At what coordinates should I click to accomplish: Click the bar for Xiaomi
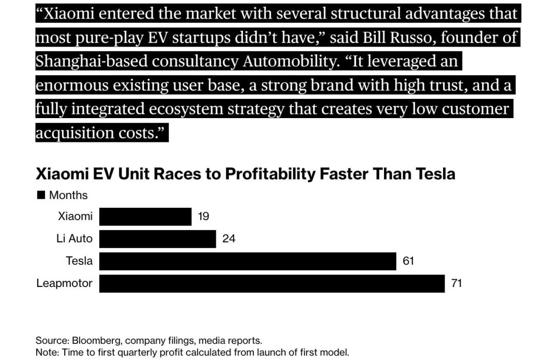[145, 217]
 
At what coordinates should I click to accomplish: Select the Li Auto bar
[157, 239]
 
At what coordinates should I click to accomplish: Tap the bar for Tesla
[247, 261]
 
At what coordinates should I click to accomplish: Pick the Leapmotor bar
[272, 283]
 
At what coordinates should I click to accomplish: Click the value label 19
[203, 217]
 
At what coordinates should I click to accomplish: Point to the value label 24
[228, 239]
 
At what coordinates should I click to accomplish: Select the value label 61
[408, 261]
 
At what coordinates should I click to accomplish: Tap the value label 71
[456, 283]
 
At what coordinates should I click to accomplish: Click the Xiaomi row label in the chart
[75, 217]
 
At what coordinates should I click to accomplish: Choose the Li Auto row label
[74, 239]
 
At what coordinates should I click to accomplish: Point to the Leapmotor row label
[64, 283]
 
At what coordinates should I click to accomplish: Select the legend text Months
[68, 195]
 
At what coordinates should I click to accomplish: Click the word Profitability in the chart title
[270, 174]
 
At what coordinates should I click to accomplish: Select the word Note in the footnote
[46, 352]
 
